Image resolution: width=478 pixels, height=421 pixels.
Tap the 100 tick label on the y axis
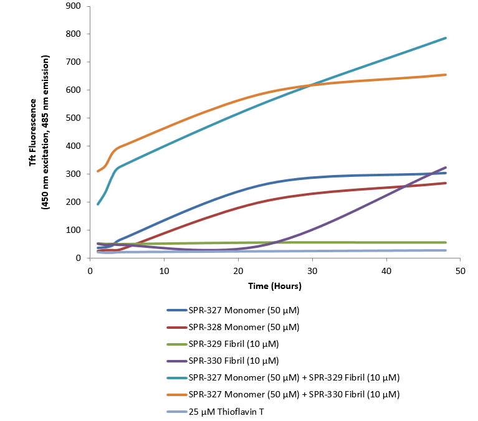(x=77, y=230)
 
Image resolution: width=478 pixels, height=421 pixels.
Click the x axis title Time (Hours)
(x=275, y=286)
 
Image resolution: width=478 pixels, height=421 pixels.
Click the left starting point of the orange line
(x=98, y=171)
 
